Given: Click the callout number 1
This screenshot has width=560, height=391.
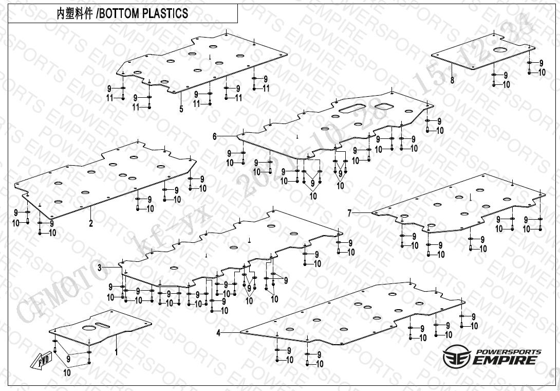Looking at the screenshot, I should [x=116, y=353].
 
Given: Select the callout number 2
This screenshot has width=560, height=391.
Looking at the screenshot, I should [x=91, y=223].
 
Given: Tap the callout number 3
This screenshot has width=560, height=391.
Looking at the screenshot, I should [x=100, y=268].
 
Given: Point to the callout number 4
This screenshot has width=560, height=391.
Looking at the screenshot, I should [x=218, y=333].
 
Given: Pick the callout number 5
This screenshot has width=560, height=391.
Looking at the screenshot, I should [x=181, y=109].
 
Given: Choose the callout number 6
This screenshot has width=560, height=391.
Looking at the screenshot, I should [x=215, y=136].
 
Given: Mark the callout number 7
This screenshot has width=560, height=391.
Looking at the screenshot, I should [x=350, y=212].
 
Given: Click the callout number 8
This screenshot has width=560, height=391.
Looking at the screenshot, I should [x=452, y=80].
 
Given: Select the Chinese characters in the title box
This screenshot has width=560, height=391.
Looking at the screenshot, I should [x=75, y=14].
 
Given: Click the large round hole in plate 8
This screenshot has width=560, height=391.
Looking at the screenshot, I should [x=500, y=49].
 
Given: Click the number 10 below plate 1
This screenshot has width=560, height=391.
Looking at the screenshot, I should [x=67, y=372].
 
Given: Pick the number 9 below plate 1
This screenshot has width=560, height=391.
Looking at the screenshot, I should [x=68, y=358].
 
